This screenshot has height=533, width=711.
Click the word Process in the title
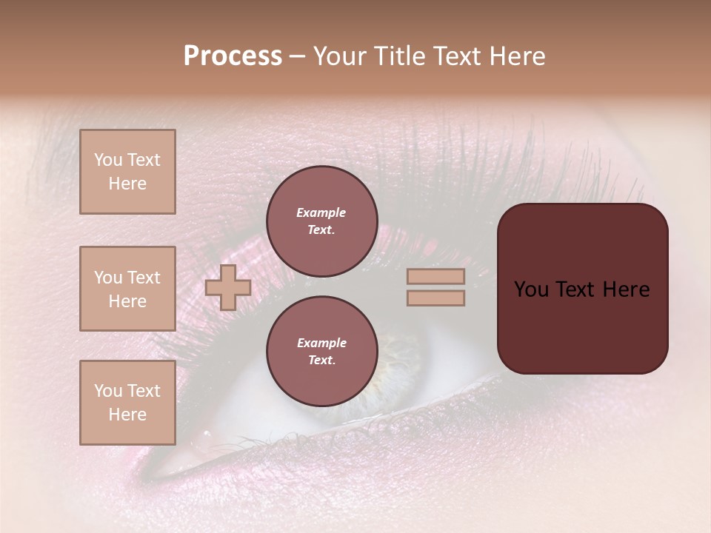[233, 56]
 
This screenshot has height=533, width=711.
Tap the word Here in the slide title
[515, 56]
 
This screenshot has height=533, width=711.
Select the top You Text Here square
[127, 172]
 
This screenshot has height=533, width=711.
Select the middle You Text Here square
[127, 289]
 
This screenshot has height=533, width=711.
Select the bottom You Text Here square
[127, 403]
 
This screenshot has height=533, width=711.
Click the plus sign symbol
[228, 287]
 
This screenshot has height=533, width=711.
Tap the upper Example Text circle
[321, 221]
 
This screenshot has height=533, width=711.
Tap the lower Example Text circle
[321, 352]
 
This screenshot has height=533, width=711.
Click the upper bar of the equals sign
[436, 276]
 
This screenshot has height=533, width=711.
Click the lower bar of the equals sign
[436, 298]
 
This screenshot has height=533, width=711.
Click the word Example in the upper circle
[321, 212]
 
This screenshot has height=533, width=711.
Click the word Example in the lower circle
[321, 343]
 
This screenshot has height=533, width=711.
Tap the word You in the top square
[107, 160]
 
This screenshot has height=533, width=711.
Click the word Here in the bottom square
[127, 415]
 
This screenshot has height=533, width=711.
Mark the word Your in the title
[341, 56]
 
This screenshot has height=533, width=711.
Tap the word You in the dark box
[531, 289]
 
